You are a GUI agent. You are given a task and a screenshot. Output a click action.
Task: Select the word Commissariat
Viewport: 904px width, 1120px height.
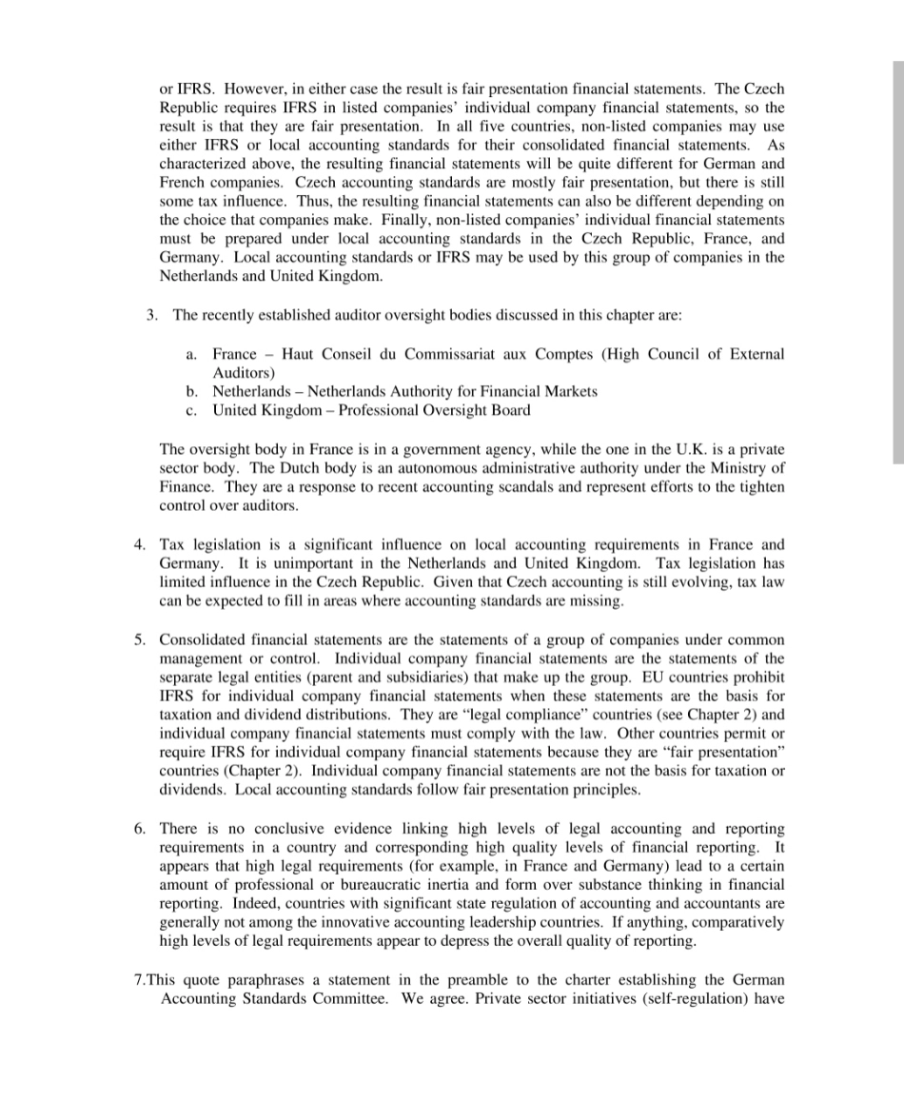(465, 354)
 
